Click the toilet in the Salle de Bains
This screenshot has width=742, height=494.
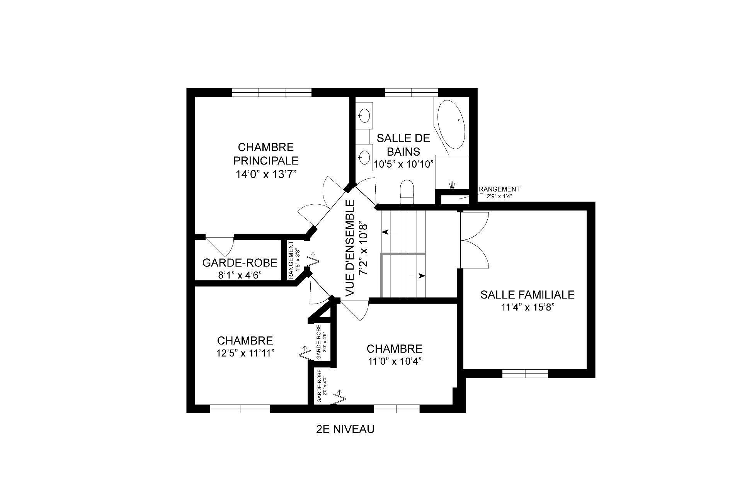point(407,192)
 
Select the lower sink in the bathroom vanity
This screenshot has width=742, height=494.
point(364,156)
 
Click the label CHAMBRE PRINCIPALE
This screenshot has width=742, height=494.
point(266,154)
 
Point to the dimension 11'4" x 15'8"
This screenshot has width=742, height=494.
point(527,307)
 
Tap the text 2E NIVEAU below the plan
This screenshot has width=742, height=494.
point(345,429)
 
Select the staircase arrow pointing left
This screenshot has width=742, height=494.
point(390,232)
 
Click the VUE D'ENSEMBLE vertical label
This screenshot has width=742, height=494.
point(350,249)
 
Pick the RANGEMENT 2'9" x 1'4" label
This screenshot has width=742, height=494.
point(499,192)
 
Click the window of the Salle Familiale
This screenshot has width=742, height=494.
point(525,373)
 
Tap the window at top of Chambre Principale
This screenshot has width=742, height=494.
point(272,93)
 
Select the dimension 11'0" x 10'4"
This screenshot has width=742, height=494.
point(394,361)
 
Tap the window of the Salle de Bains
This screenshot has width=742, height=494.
point(411,93)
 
